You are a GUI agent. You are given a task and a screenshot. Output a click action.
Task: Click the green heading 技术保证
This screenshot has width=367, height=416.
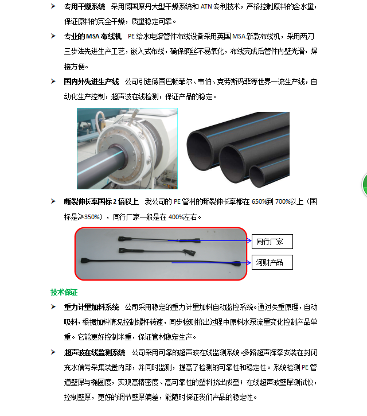coord(64,293)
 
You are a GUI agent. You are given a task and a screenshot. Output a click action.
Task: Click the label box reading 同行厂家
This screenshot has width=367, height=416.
coord(272,242)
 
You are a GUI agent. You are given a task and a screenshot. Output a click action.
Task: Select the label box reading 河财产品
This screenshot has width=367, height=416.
coord(272,262)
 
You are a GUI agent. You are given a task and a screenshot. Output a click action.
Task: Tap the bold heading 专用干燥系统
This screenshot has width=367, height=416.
coord(85,6)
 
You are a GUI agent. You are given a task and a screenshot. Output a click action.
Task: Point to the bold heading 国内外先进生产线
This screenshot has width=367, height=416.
coord(91,81)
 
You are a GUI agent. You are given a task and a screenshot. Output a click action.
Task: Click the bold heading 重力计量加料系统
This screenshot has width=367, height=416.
coord(91,307)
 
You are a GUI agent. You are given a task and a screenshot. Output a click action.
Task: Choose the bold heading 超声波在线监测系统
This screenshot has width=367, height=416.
coord(95,352)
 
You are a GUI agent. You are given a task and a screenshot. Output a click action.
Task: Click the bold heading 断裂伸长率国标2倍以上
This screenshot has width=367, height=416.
coord(101,201)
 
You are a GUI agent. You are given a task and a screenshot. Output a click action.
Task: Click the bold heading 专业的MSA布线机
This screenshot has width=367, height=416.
coord(92,36)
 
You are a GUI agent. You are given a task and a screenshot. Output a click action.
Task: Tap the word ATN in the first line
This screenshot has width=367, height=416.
coord(206,6)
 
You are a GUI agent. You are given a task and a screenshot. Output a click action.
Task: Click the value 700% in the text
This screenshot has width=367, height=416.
coord(283,201)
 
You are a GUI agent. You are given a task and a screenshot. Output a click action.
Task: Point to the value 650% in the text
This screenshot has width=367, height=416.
coord(259,201)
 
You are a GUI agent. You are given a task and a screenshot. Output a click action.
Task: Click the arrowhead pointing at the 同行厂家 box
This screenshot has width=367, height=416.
coord(249,240)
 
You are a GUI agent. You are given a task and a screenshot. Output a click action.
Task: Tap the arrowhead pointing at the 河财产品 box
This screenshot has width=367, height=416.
coord(249,263)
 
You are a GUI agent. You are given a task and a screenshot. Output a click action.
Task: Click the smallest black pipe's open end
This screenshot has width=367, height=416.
coord(256,176)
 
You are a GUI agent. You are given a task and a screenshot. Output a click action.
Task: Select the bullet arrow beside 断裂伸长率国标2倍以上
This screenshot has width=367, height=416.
coord(53,201)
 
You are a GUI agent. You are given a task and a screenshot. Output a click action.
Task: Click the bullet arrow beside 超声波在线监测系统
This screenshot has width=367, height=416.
coord(53,352)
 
